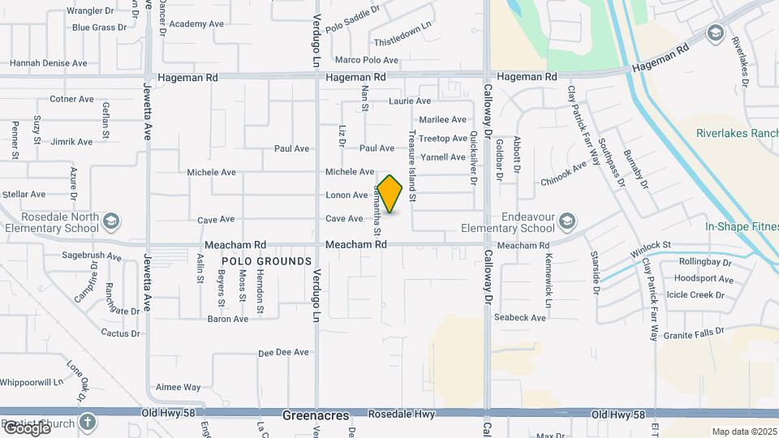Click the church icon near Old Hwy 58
coord(88,423)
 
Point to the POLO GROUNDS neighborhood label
coord(266,261)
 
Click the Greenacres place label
coord(309,415)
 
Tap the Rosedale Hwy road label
coord(402,414)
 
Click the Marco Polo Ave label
coord(367,60)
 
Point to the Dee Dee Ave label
coord(284,353)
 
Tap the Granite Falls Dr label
coord(693,333)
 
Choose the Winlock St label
coord(651,244)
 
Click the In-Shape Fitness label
coord(741,228)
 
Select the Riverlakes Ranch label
coord(737,134)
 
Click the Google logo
coord(26,428)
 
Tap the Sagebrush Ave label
coord(92,256)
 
